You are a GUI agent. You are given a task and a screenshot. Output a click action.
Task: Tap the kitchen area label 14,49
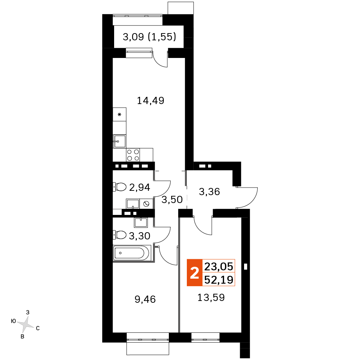pos(150,100)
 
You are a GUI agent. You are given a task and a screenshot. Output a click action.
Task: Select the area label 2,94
pos(140,187)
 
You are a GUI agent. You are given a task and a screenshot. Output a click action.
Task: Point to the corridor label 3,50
pos(172,199)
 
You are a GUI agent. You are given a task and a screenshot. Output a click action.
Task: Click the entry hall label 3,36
pos(210,192)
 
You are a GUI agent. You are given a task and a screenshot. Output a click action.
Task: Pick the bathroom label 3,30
pos(140,236)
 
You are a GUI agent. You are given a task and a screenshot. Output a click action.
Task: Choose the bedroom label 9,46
pos(145,300)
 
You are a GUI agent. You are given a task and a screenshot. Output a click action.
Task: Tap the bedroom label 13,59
pos(211,298)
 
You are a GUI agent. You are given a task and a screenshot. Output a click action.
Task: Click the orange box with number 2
pos(194,273)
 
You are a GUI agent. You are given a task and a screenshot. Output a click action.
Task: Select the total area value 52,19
pos(219,280)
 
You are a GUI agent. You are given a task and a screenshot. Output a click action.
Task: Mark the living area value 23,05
pos(219,266)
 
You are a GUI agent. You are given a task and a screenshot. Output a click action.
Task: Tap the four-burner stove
pos(133,155)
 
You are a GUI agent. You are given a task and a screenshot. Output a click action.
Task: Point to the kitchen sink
pos(120,141)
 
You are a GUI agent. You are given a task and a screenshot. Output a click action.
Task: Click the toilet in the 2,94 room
pos(120,187)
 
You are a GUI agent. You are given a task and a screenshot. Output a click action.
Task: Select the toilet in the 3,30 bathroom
pos(120,235)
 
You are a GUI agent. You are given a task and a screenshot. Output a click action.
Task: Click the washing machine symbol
pos(146,204)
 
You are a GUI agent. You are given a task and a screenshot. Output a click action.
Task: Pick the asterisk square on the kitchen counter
pos(120,114)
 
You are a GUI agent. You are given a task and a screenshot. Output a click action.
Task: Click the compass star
pos(26,325)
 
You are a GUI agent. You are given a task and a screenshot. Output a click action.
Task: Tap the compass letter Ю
pos(13,321)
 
